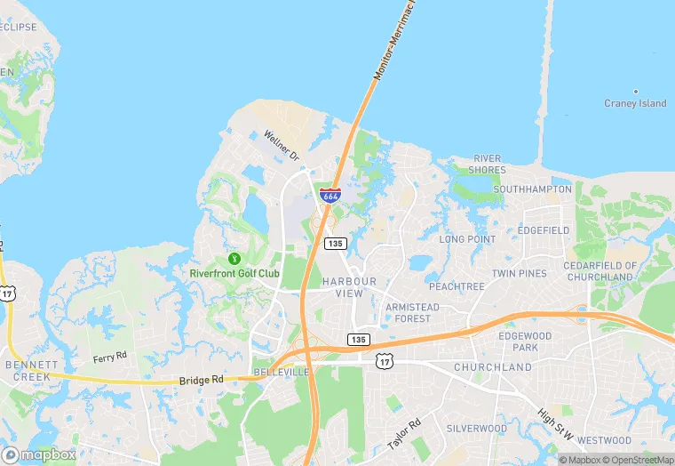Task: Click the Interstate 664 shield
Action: tap(330, 195)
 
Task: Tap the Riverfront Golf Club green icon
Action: tap(234, 259)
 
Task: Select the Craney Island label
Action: tap(635, 103)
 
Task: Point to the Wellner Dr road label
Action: tap(282, 146)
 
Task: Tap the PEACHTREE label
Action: tap(457, 287)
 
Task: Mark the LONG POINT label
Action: tap(467, 239)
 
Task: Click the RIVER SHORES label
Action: tap(488, 164)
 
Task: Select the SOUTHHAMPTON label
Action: tap(533, 189)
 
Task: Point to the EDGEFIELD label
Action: tap(543, 230)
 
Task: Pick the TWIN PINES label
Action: tap(520, 273)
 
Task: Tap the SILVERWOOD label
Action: tap(477, 428)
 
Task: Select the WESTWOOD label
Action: tap(604, 439)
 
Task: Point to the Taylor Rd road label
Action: tap(402, 433)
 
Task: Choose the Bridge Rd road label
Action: tap(201, 380)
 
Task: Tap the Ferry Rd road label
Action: tap(110, 358)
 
